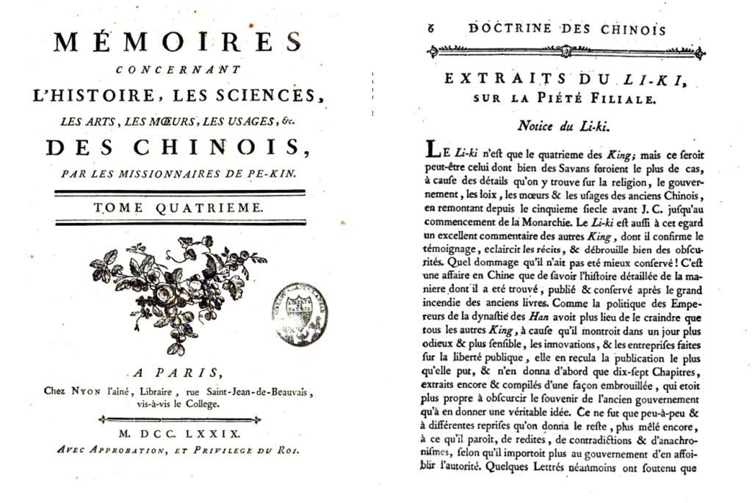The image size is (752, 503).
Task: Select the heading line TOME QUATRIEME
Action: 178,208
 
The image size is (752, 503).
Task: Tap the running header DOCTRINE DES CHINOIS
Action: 566,30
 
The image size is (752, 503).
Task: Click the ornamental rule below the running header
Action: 566,52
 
